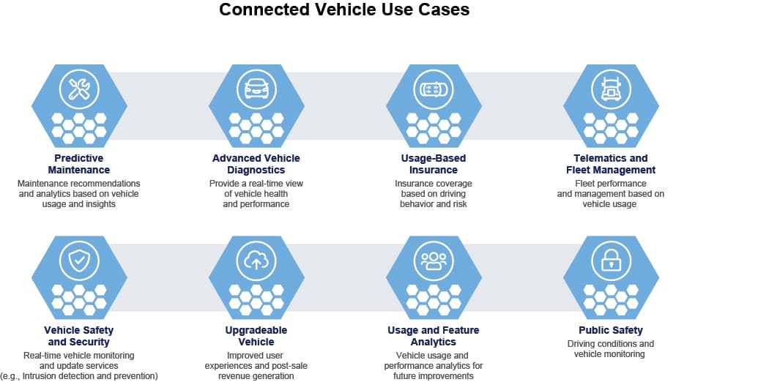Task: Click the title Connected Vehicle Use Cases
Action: click(x=344, y=10)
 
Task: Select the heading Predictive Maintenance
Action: click(x=79, y=164)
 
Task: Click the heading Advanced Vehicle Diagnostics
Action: click(x=256, y=164)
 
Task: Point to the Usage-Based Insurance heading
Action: click(x=434, y=164)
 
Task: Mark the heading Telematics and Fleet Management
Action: click(x=611, y=164)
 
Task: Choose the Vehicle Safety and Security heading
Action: click(x=79, y=336)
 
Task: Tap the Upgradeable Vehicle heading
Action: click(x=256, y=336)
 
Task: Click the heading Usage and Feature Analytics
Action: click(x=434, y=336)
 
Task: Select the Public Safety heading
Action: click(x=611, y=330)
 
